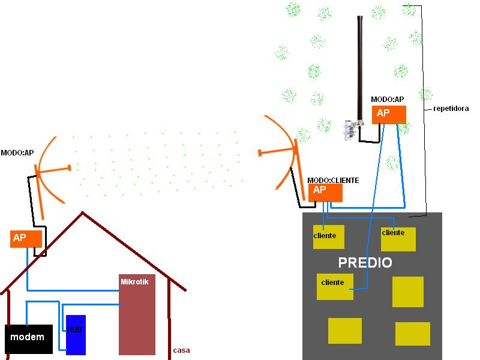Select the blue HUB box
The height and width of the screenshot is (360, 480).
tap(76, 335)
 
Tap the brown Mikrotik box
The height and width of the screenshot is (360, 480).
tap(137, 315)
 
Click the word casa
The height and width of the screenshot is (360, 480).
tap(181, 350)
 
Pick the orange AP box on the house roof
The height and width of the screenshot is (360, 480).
tap(26, 238)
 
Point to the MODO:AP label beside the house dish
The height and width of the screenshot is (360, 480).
tap(17, 153)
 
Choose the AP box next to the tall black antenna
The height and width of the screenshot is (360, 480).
tap(389, 115)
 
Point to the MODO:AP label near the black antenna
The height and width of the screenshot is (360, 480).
tap(387, 99)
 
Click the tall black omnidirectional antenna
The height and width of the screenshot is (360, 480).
tap(361, 66)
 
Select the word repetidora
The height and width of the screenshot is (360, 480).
tap(451, 109)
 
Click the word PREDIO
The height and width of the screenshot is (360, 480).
tap(365, 263)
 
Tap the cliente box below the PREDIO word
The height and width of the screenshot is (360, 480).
tap(334, 286)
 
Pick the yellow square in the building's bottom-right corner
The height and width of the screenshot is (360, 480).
tap(412, 334)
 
